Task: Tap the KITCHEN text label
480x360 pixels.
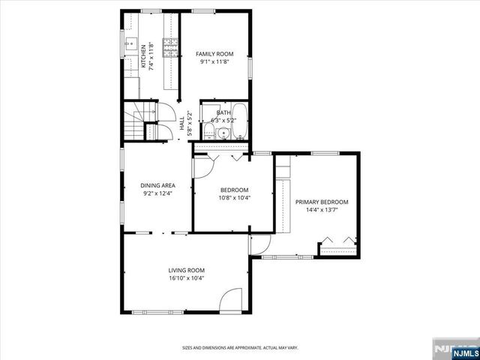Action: pyautogui.click(x=144, y=58)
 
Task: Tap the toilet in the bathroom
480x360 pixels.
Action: pyautogui.click(x=209, y=133)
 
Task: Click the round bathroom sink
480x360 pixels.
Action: pyautogui.click(x=223, y=135)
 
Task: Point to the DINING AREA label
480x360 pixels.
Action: pyautogui.click(x=157, y=185)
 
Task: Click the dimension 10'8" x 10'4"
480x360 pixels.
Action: pyautogui.click(x=234, y=198)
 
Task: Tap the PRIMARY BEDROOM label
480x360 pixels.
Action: pyautogui.click(x=322, y=202)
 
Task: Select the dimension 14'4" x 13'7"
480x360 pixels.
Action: pyautogui.click(x=321, y=210)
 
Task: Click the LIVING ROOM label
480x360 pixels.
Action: pyautogui.click(x=186, y=270)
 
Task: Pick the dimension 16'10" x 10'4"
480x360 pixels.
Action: pyautogui.click(x=186, y=278)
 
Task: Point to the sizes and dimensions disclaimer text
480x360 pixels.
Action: pyautogui.click(x=240, y=348)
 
